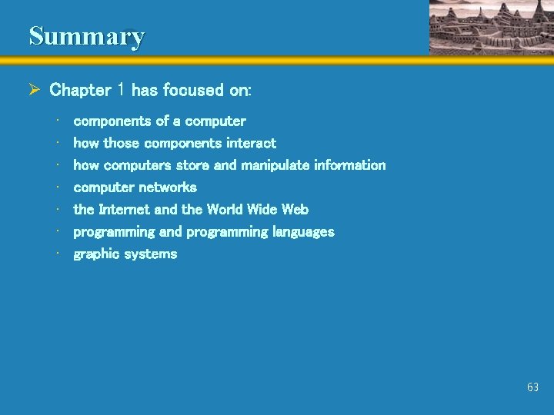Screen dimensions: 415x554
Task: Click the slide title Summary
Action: (x=86, y=36)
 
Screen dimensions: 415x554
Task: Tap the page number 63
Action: (x=532, y=387)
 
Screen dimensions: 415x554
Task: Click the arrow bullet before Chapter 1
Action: (x=34, y=90)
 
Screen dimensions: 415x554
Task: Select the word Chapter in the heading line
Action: (x=80, y=90)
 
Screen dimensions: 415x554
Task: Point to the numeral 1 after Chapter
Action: (x=122, y=90)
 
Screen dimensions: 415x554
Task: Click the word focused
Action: (x=192, y=90)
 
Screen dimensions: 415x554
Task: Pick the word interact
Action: (x=251, y=143)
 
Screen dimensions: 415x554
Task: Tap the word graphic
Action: (x=98, y=254)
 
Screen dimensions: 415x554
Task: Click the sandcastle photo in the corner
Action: (x=490, y=28)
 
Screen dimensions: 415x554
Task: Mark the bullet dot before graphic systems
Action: (x=58, y=254)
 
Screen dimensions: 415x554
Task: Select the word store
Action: (x=192, y=165)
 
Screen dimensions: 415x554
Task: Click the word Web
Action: (x=295, y=209)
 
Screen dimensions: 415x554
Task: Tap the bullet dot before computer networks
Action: (x=58, y=188)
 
